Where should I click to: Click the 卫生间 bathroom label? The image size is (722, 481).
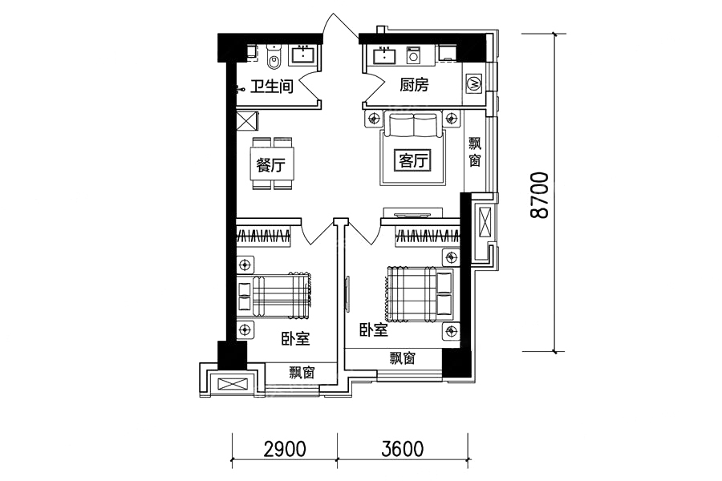[272, 86]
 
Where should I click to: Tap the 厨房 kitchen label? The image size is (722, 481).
[414, 85]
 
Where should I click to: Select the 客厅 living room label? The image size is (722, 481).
[413, 161]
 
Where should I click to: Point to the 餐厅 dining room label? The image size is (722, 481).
[270, 165]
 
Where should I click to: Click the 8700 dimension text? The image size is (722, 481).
[539, 195]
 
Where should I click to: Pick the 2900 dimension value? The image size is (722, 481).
[285, 448]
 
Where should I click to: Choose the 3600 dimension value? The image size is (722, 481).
[403, 448]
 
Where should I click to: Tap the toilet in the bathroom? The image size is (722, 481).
[274, 58]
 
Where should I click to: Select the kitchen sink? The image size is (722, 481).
[384, 55]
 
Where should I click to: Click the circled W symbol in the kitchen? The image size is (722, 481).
[474, 83]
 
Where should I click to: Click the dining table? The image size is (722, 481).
[272, 164]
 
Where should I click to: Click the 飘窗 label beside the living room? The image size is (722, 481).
[475, 152]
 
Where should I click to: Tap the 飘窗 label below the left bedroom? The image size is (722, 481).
[302, 372]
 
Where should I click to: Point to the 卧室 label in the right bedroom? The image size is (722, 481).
[373, 329]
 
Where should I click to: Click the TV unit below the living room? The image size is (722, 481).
[412, 213]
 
